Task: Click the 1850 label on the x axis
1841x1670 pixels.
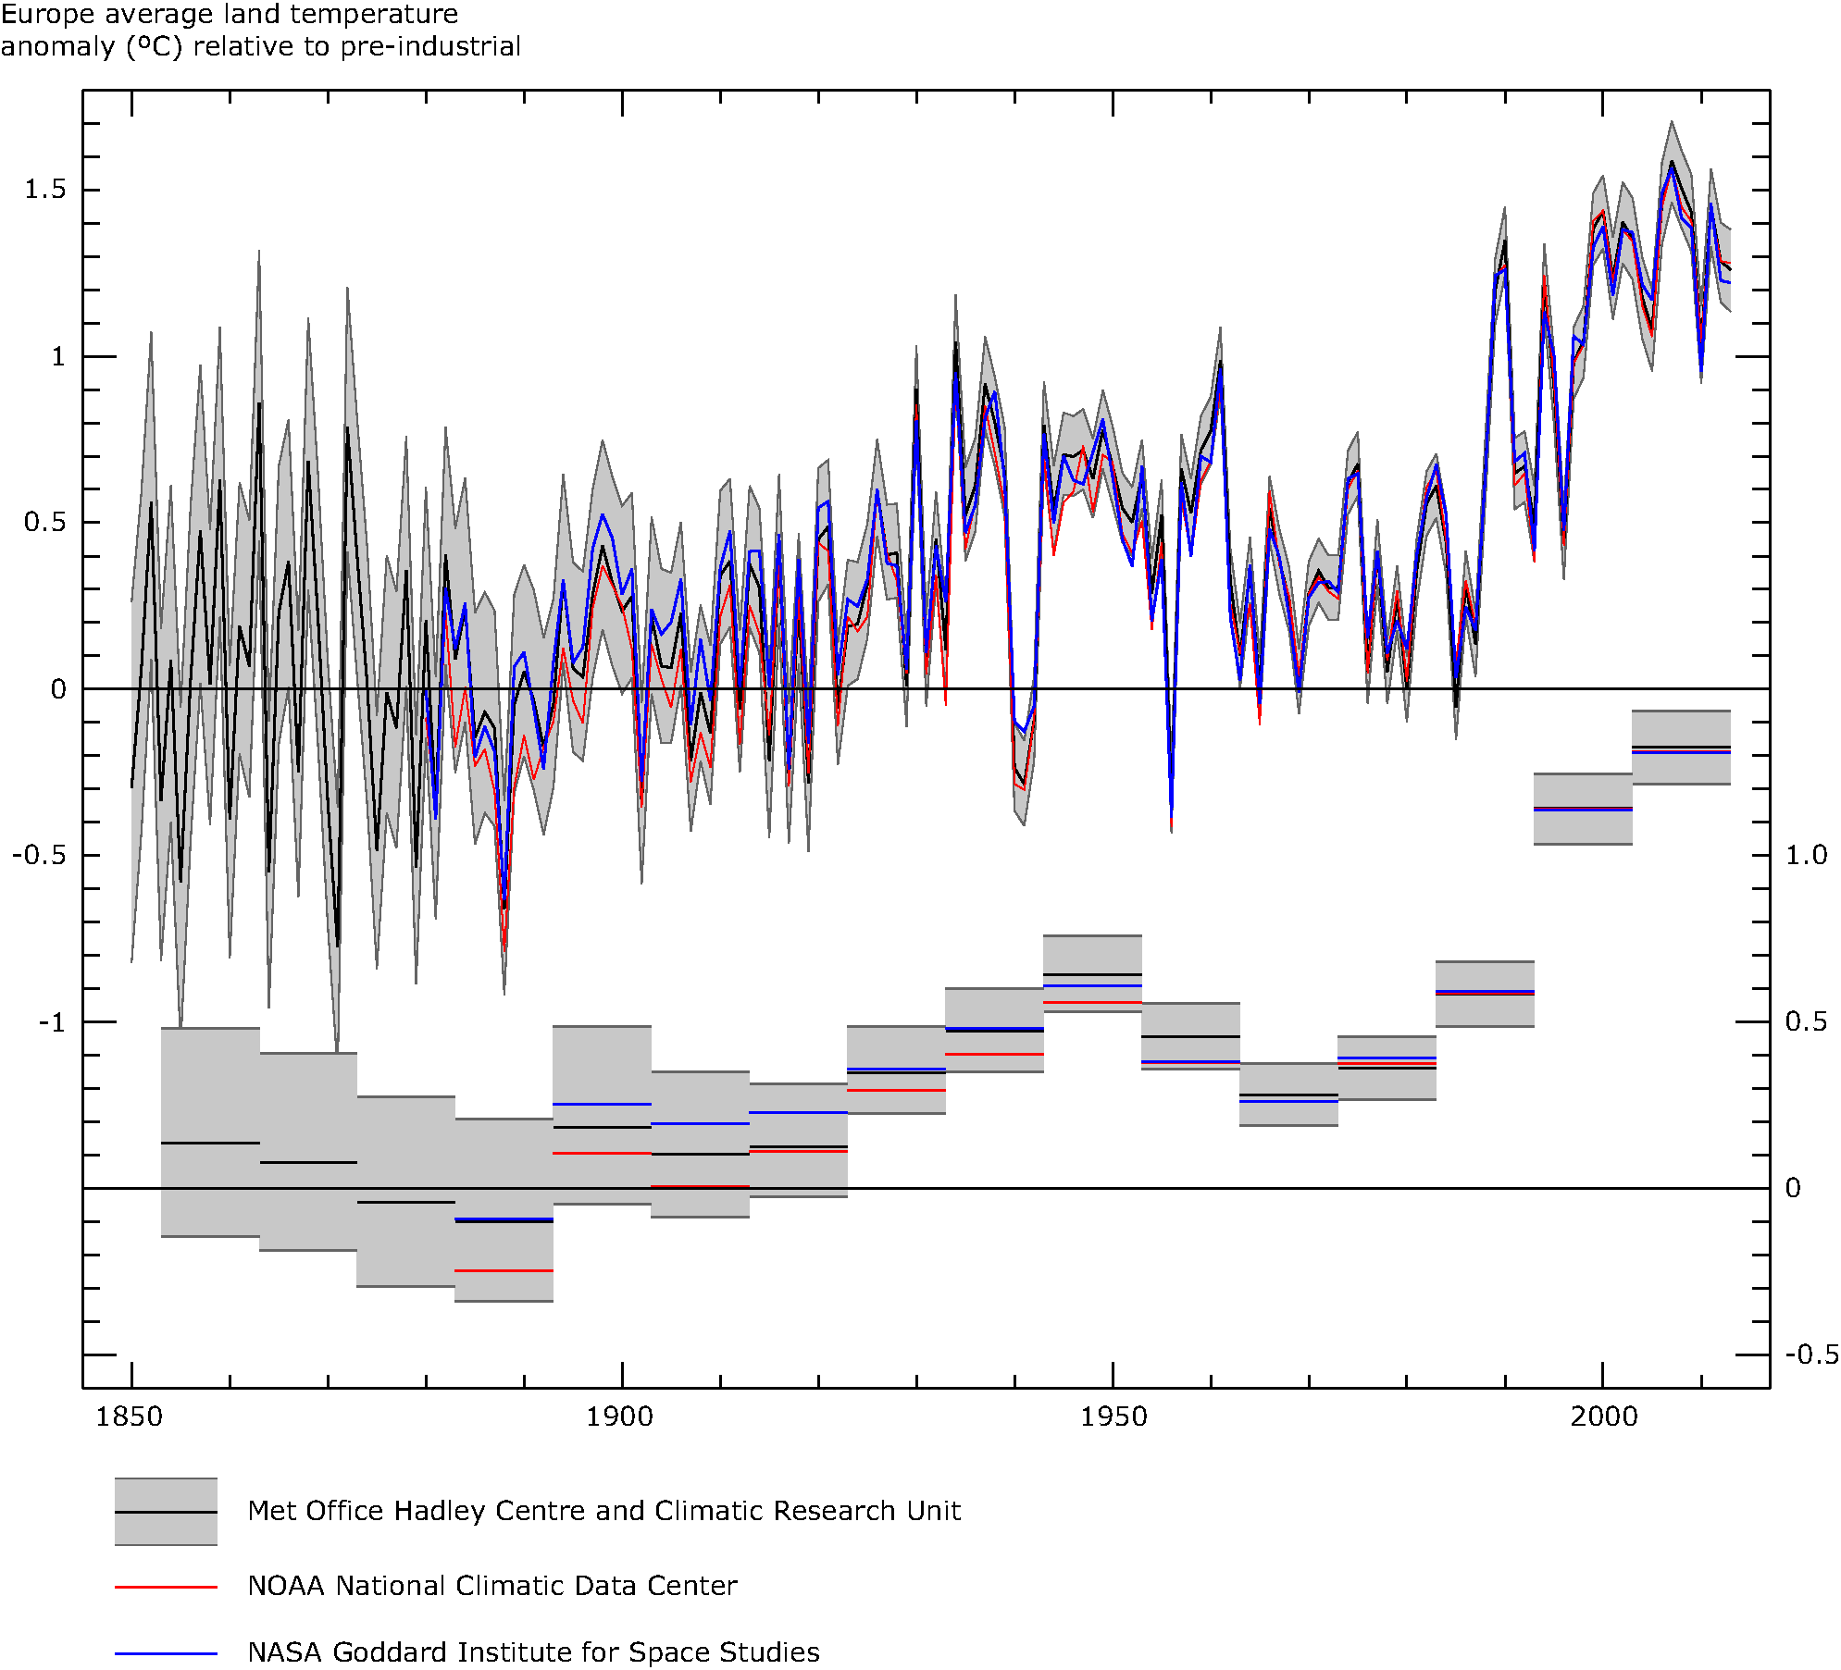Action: (x=129, y=1416)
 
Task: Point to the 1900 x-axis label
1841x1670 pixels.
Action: (x=619, y=1416)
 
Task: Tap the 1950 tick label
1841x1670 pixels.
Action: (x=1113, y=1416)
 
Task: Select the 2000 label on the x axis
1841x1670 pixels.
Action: (x=1603, y=1416)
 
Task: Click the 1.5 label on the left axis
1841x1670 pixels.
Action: (x=45, y=189)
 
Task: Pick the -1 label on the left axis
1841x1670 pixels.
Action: (x=52, y=1022)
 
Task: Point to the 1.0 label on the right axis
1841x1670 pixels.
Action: (x=1806, y=855)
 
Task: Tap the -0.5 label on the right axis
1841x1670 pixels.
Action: (x=1811, y=1355)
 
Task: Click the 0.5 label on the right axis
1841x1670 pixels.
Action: (x=1806, y=1021)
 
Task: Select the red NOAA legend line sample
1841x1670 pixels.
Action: (x=166, y=1587)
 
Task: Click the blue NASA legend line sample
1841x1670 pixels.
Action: (x=166, y=1653)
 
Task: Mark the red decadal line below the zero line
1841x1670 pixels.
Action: (x=504, y=1271)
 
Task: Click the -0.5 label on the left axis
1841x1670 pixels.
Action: (x=40, y=855)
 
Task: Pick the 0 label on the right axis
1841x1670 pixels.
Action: (x=1793, y=1188)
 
